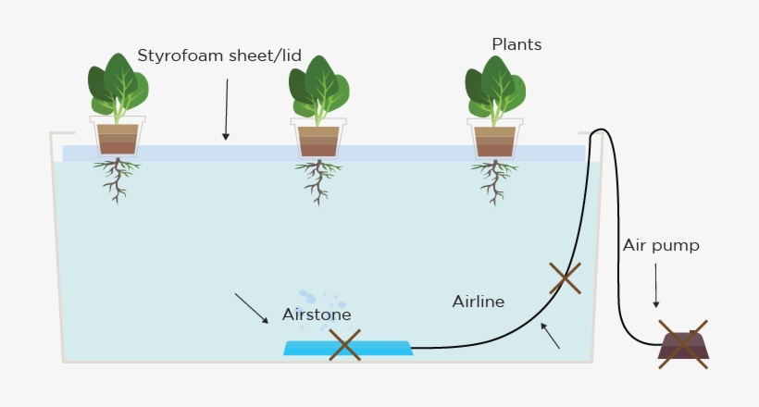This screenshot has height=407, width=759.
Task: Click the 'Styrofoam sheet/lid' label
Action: (218, 56)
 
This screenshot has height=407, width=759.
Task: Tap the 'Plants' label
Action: (516, 44)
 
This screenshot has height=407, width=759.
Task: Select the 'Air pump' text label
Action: (660, 245)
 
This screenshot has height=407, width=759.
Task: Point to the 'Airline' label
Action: (478, 302)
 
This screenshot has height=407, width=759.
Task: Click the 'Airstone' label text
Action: (317, 315)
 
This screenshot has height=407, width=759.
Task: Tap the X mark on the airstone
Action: (344, 345)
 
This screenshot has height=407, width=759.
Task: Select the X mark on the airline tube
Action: (565, 277)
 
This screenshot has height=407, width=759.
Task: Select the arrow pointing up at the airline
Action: (550, 335)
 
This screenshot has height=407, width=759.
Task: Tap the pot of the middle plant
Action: (318, 137)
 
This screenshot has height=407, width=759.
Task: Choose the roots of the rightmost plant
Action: (494, 179)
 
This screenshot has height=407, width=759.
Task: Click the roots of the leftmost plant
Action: (117, 179)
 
